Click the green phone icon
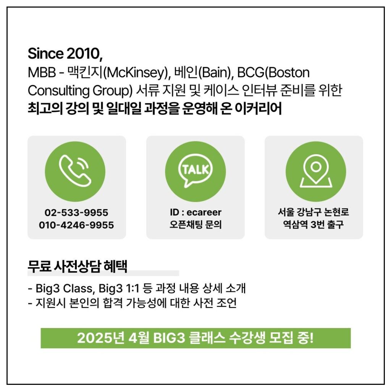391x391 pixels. click(x=75, y=171)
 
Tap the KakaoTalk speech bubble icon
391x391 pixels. click(x=195, y=171)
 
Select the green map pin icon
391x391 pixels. click(x=316, y=171)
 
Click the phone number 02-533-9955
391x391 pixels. click(x=76, y=213)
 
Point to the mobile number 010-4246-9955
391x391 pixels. click(x=76, y=225)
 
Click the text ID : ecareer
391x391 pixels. click(x=195, y=212)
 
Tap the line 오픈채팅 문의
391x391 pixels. click(x=195, y=225)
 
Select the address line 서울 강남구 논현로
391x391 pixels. click(x=313, y=212)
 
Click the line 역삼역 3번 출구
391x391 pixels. click(x=313, y=225)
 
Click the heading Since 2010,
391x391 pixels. click(x=65, y=53)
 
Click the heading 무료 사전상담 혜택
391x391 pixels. click(x=78, y=266)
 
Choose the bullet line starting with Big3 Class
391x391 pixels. click(x=137, y=289)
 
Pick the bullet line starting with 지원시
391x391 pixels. click(x=132, y=303)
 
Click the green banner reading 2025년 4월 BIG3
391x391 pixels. click(x=196, y=338)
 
